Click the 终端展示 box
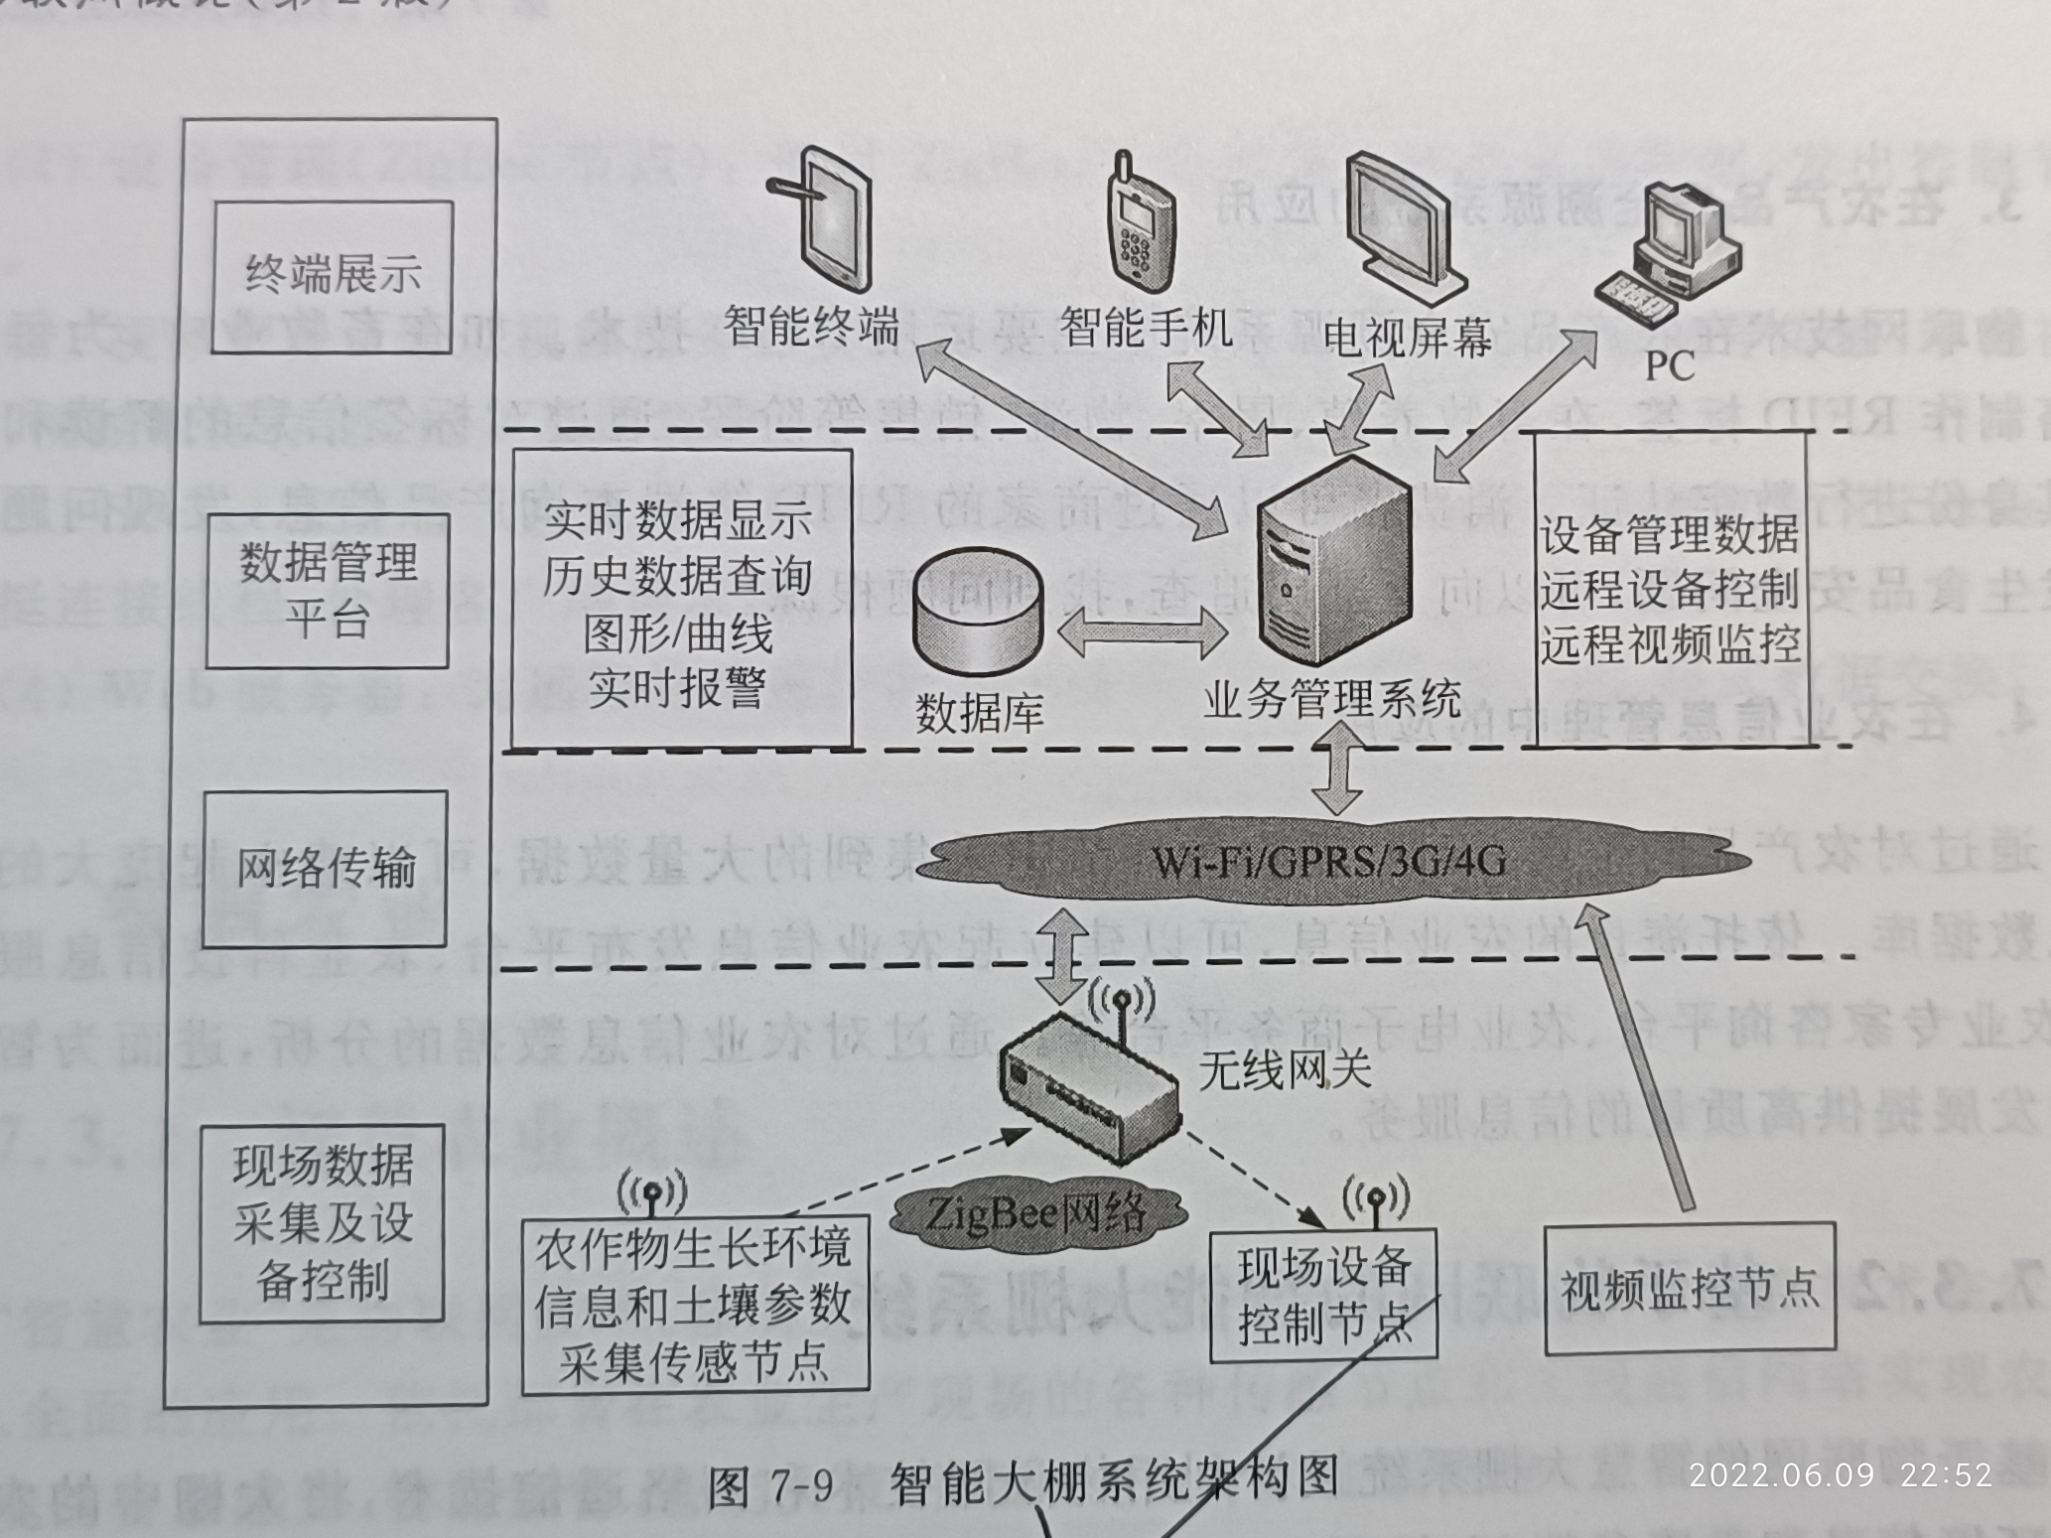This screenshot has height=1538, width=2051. (333, 275)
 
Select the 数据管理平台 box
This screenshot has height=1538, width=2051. (328, 590)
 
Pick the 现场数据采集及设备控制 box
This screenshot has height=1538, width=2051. (322, 1223)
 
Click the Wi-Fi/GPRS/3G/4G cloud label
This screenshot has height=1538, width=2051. (1328, 861)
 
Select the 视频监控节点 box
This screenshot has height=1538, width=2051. (1689, 1288)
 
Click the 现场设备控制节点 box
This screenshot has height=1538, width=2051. (1323, 1296)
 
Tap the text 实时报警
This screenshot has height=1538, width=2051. (677, 687)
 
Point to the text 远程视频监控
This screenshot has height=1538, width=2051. (1670, 644)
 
